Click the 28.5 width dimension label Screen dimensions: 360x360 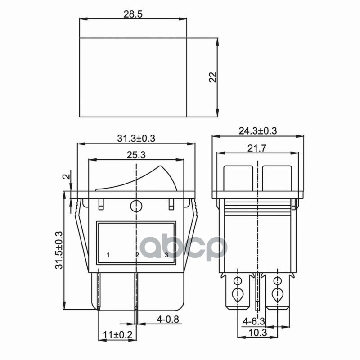click(x=133, y=14)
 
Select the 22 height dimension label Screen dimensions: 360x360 click(x=213, y=77)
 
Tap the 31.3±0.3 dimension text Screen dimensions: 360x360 click(x=136, y=139)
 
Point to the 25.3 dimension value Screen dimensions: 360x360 click(x=136, y=155)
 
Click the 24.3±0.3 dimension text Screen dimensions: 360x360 click(x=258, y=131)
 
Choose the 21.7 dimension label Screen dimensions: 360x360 click(x=256, y=148)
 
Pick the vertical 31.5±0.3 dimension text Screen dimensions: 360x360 click(x=59, y=250)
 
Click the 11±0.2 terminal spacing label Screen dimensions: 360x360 click(x=117, y=335)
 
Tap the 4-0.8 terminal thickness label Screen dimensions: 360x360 click(x=168, y=319)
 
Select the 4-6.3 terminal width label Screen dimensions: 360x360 click(x=254, y=321)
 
